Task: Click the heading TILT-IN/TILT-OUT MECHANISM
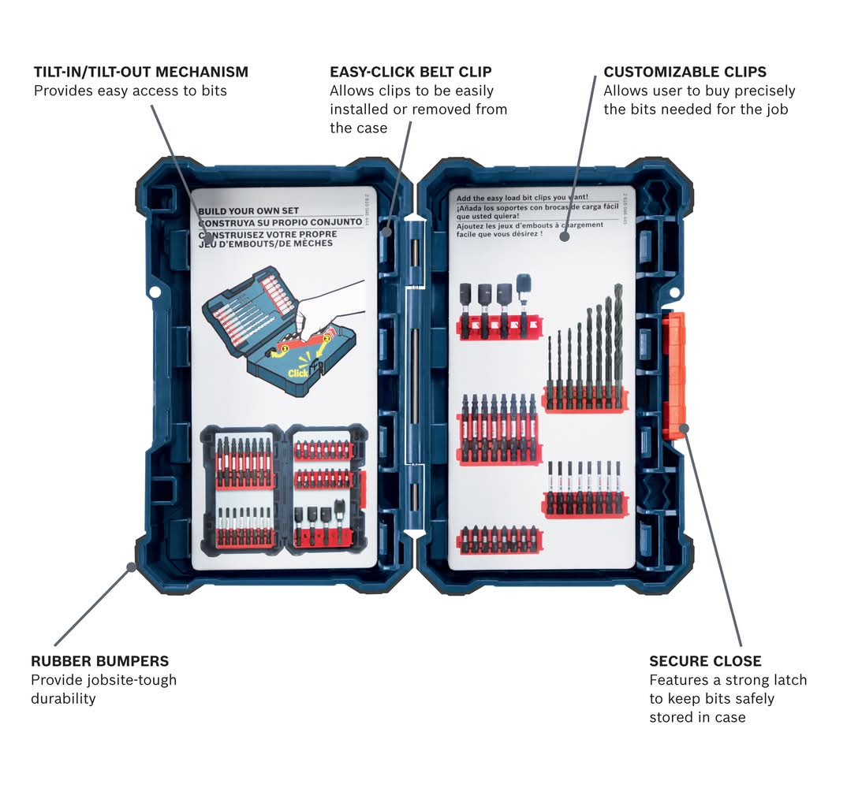click(140, 72)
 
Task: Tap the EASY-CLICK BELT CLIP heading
click(410, 72)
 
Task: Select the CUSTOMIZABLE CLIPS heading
click(685, 72)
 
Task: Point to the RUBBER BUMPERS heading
click(99, 661)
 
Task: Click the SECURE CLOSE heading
click(705, 661)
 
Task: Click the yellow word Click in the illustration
click(298, 373)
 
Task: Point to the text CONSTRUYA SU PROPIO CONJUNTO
click(280, 222)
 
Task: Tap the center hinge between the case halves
click(414, 378)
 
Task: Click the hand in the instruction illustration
click(331, 303)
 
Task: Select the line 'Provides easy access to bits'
click(130, 91)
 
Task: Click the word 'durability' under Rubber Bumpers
click(63, 698)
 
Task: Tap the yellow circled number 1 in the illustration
click(285, 348)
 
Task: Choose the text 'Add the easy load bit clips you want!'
click(522, 197)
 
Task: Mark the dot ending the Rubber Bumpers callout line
click(131, 566)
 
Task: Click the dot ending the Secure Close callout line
click(684, 428)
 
